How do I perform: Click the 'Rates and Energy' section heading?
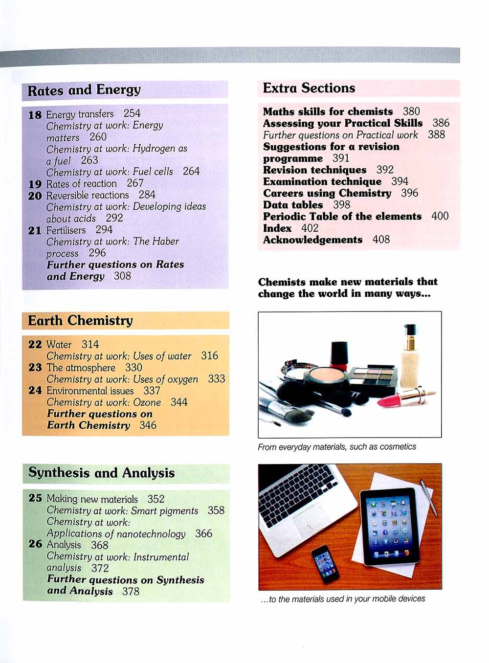click(x=84, y=90)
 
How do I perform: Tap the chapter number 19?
click(x=35, y=184)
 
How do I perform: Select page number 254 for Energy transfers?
click(x=132, y=113)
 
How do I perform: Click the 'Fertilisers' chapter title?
click(x=66, y=230)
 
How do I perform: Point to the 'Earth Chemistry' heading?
click(x=80, y=321)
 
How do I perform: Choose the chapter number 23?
click(x=35, y=367)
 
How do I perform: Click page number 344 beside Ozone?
click(x=179, y=402)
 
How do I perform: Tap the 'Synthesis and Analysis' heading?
click(x=101, y=473)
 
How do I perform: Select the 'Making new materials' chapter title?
click(x=92, y=499)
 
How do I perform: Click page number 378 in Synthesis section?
click(x=131, y=591)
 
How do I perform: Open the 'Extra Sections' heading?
click(x=309, y=88)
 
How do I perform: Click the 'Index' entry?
click(x=277, y=228)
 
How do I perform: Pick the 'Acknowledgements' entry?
click(x=313, y=240)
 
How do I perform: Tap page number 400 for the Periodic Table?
click(x=440, y=216)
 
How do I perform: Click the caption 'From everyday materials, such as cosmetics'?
click(x=337, y=446)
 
